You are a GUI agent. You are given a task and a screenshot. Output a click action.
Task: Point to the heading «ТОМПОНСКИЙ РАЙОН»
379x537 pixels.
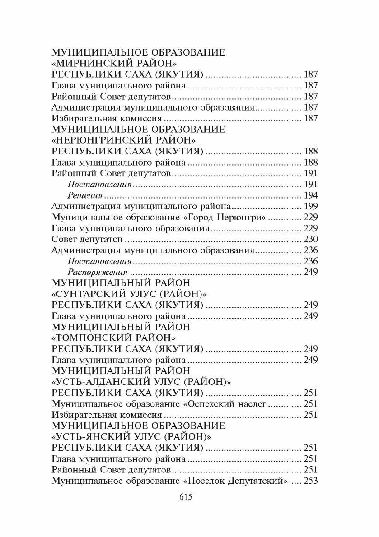coord(114,338)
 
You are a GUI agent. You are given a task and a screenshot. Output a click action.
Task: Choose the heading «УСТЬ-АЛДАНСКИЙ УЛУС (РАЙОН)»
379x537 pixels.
coord(142,382)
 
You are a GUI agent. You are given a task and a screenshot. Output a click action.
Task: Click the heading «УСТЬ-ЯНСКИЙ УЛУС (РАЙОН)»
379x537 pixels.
coord(132,437)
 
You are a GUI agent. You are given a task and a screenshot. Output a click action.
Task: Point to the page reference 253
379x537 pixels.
coord(311,481)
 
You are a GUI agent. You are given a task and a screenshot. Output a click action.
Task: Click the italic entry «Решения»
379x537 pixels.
coord(85,195)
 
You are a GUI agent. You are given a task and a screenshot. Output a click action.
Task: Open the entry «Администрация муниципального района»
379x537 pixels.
coord(141,206)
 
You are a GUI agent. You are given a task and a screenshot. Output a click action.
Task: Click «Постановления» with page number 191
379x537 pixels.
coord(99,184)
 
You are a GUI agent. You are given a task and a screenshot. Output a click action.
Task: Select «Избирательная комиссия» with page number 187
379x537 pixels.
coord(107,119)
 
